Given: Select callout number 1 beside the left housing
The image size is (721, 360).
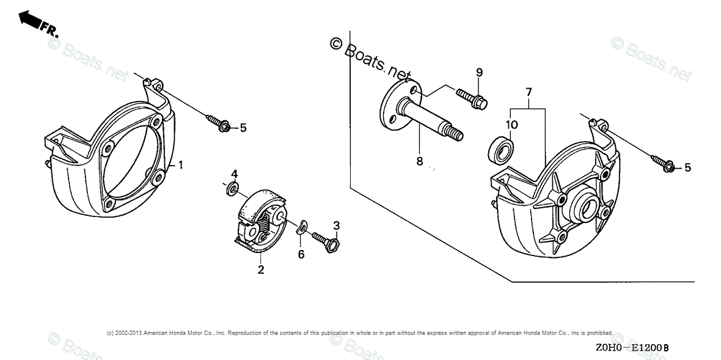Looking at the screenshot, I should (x=181, y=165).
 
